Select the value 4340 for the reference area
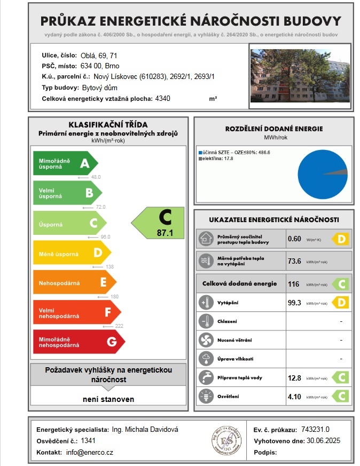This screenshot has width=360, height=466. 162,99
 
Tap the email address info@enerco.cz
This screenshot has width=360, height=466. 90,452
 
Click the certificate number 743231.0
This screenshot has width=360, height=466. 316,429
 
